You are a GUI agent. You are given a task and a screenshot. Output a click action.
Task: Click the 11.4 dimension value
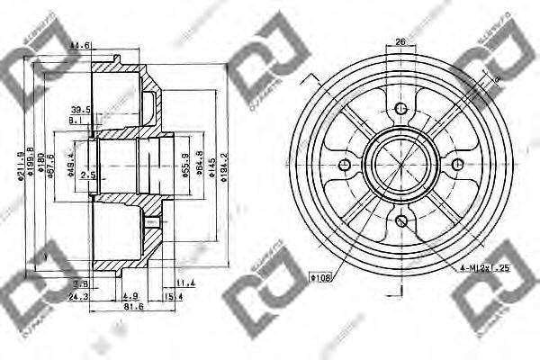point(185,282)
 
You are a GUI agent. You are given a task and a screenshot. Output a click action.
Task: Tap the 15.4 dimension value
point(174,294)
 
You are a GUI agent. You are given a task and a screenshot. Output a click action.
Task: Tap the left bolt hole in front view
point(344,165)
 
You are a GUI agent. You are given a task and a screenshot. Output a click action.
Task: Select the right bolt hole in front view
point(457,164)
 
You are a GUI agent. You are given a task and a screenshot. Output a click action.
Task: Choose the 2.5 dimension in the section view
point(86,175)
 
